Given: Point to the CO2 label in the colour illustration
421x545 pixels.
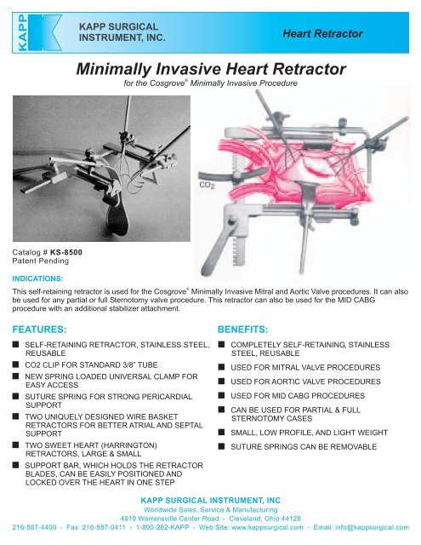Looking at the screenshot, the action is click(208, 184).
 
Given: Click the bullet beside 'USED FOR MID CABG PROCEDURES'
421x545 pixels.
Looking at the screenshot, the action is click(221, 397).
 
